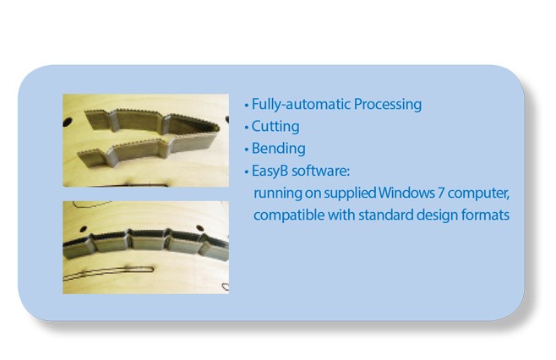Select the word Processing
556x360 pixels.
[x=388, y=105]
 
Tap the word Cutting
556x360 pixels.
[x=275, y=127]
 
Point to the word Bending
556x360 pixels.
[x=278, y=149]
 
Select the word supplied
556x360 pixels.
[x=350, y=194]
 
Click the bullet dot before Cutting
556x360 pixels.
[x=247, y=128]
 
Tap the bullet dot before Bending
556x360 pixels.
[x=247, y=150]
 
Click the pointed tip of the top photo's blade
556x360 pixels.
[x=218, y=128]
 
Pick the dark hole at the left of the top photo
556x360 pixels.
[x=68, y=123]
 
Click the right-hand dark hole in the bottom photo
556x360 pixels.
[x=200, y=227]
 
